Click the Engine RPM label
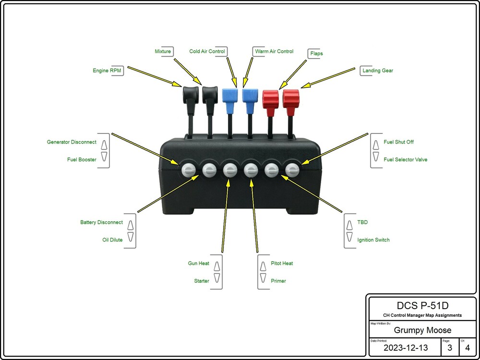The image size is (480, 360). [x=108, y=71]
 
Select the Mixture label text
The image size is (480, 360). [x=163, y=51]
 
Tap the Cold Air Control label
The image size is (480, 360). [x=206, y=51]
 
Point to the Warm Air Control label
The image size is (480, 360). [x=274, y=51]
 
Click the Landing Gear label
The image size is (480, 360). [x=378, y=71]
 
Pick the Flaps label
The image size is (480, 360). [x=316, y=53]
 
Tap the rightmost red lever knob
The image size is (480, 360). [x=291, y=98]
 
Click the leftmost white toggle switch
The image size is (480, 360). [x=189, y=169]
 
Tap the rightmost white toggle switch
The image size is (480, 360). [x=292, y=169]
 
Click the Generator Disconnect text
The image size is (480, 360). [x=72, y=142]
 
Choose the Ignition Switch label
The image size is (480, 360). [x=373, y=240]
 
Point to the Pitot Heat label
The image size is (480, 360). [x=282, y=264]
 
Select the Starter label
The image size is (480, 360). [x=202, y=281]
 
